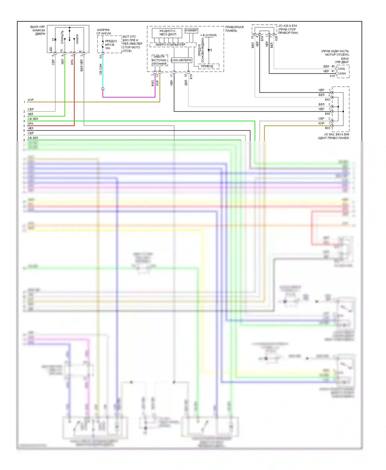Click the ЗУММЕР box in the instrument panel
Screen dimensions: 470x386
point(191,30)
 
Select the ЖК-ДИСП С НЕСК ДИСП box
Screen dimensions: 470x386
point(167,33)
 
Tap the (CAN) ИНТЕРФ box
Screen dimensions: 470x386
point(181,60)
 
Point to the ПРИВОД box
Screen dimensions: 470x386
point(207,66)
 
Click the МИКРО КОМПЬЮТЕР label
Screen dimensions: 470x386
point(170,44)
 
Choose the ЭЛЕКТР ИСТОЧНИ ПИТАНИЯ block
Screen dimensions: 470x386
point(160,60)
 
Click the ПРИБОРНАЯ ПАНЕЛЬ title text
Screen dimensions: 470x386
point(234,29)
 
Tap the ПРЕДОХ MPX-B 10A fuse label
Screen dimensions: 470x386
point(111,44)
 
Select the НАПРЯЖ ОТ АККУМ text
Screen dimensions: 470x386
point(103,32)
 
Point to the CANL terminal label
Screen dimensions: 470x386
point(341,69)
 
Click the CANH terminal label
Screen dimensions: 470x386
point(342,74)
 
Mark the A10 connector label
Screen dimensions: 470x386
point(332,76)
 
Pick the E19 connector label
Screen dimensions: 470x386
point(191,77)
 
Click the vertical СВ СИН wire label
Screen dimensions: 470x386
point(101,69)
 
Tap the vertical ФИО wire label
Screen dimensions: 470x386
point(153,83)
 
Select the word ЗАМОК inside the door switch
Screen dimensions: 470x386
point(77,39)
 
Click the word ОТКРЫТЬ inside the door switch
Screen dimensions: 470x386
point(62,37)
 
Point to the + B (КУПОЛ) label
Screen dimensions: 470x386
point(208,35)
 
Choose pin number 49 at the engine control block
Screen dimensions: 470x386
point(333,66)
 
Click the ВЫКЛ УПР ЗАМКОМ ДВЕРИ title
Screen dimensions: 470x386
point(38,30)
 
